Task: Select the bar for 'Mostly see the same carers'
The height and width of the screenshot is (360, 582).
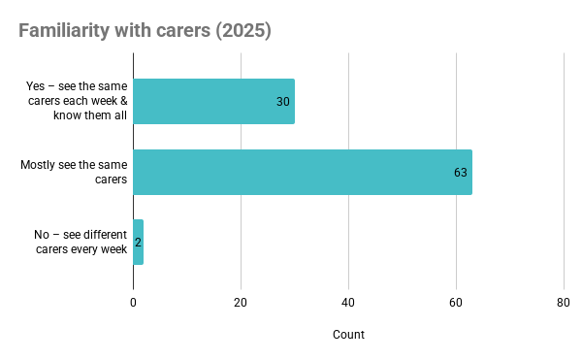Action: [302, 172]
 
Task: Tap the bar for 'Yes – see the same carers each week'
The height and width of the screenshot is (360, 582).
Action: [213, 102]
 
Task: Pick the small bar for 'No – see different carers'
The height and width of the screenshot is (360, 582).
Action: [138, 242]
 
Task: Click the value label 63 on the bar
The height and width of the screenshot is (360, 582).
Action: [461, 172]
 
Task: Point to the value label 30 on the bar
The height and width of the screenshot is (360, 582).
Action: [283, 102]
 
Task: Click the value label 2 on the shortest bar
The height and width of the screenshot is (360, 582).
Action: [138, 242]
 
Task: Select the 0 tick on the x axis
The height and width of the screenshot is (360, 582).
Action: [133, 302]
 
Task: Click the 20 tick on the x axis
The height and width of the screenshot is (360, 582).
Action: [241, 302]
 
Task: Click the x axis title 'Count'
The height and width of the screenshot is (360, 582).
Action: [348, 335]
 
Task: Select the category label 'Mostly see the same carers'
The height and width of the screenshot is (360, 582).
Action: [73, 172]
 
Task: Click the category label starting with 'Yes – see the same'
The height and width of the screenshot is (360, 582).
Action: [76, 102]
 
